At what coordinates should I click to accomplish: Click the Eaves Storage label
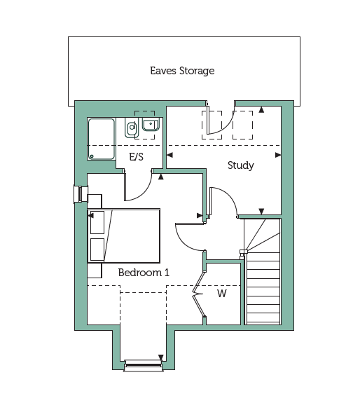coord(182,71)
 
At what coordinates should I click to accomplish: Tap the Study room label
coord(241,165)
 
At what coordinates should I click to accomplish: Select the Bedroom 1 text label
coord(144,273)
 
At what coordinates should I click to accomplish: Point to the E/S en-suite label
coord(137,157)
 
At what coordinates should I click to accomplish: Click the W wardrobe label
coord(221,294)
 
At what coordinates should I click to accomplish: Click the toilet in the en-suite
coord(131,128)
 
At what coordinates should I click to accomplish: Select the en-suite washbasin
coord(151,124)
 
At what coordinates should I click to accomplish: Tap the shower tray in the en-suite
coord(102,139)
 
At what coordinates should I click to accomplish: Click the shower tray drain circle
coord(92,156)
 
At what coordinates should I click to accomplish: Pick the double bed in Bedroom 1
coord(124,235)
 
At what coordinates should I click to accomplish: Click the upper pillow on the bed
coord(97,222)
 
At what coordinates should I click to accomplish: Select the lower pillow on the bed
coord(97,250)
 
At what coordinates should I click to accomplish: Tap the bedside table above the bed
coord(95,201)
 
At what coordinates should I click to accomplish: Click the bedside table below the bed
coord(95,271)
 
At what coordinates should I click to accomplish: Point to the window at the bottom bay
coord(144,366)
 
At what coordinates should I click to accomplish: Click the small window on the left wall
coord(81,194)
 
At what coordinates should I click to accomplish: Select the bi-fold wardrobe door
coord(198,294)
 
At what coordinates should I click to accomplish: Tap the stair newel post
coord(243,253)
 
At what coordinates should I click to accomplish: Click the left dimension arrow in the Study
coord(170,155)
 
